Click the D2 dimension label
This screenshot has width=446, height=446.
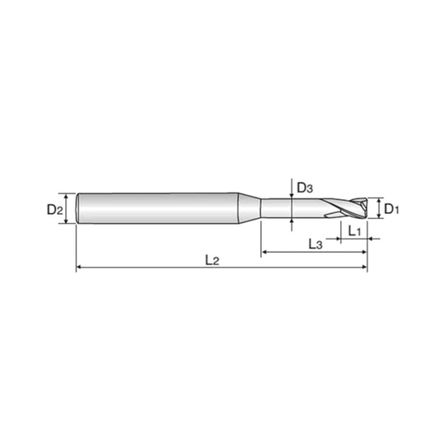55,211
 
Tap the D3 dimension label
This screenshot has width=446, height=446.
305,188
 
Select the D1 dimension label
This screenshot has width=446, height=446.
391,210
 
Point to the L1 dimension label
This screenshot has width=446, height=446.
354,231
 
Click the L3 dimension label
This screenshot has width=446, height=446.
316,244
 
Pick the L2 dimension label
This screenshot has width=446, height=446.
212,260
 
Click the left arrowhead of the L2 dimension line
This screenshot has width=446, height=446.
79,267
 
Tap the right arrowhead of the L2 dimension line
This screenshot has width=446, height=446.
364,267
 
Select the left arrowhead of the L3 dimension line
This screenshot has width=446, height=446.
264,252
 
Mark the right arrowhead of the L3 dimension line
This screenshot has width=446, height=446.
363,252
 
